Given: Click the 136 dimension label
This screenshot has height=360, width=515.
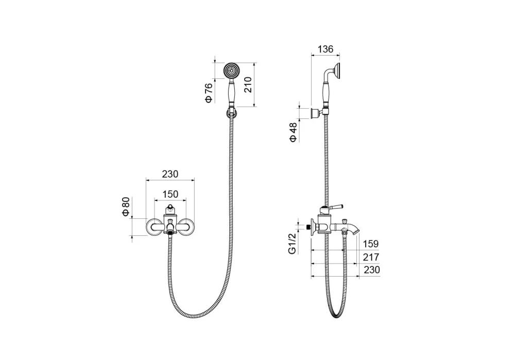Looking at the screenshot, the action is point(325,49).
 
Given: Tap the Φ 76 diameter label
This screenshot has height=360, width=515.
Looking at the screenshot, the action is point(209,93).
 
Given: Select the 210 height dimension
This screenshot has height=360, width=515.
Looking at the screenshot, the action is point(248,85).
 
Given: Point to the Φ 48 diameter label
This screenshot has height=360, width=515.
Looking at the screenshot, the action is point(293,132).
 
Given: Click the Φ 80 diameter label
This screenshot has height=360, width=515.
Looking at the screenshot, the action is point(126,207).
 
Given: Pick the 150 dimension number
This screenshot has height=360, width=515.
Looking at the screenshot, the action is point(170,194).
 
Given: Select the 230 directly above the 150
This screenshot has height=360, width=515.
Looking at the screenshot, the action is point(170,174).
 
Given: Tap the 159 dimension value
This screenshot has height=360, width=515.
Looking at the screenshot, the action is point(371,244).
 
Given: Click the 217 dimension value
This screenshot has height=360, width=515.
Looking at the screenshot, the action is point(371,257).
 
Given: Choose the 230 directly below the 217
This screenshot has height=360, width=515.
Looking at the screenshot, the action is point(372,270).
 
